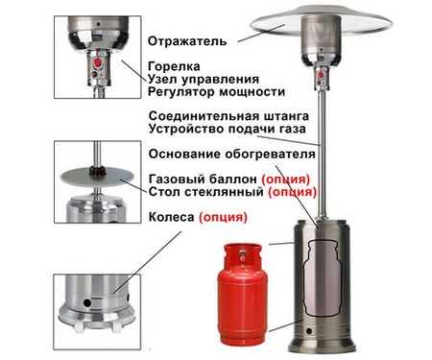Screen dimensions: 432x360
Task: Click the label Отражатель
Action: coord(187,41)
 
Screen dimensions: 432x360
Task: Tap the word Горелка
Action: coord(174,66)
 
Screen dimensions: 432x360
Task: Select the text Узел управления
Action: coord(204,80)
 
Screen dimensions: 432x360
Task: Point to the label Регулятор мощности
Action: coord(216,92)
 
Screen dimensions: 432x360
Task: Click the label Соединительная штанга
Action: coord(228,116)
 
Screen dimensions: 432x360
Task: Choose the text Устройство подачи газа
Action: coord(228,129)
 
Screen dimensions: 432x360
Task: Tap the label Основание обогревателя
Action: coord(232,154)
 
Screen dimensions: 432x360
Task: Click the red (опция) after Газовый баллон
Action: coord(286,180)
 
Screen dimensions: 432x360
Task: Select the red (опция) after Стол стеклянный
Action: coord(292,192)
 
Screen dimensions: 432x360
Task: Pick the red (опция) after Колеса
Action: coord(223,218)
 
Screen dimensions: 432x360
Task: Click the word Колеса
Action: coord(171,217)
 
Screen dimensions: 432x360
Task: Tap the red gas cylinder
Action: coord(242,292)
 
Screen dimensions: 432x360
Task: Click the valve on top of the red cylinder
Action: coord(242,252)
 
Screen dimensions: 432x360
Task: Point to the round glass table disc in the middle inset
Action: coord(97,177)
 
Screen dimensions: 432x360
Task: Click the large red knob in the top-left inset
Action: coord(97,62)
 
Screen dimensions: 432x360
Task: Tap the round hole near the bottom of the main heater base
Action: coord(309,331)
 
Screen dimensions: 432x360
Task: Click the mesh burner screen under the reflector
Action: coord(321,35)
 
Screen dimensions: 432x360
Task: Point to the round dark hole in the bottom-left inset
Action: coord(87,302)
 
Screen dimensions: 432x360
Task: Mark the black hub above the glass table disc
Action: coord(97,172)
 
